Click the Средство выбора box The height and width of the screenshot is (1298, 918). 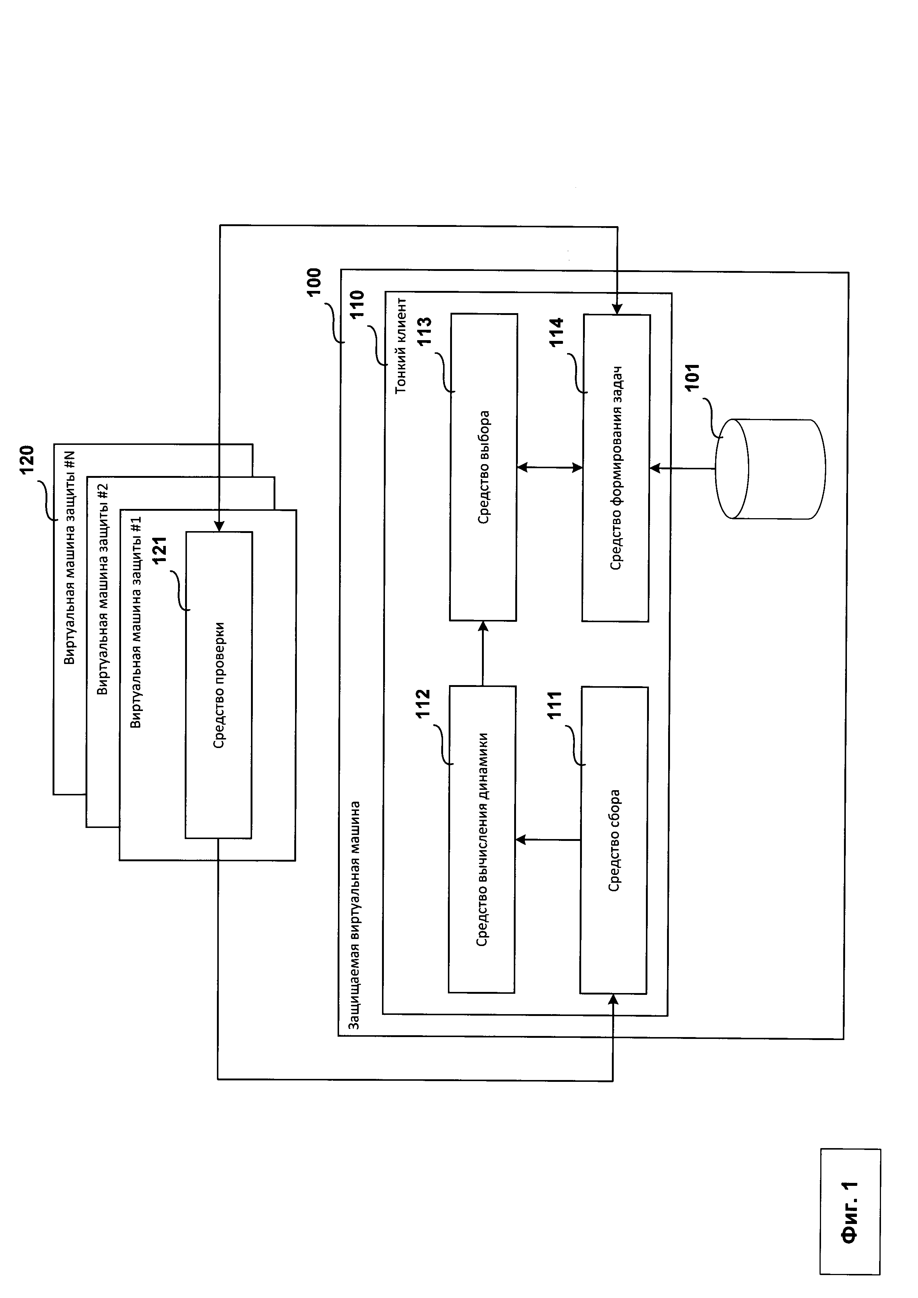click(x=483, y=467)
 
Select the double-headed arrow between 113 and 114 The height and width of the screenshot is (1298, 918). click(x=550, y=467)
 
